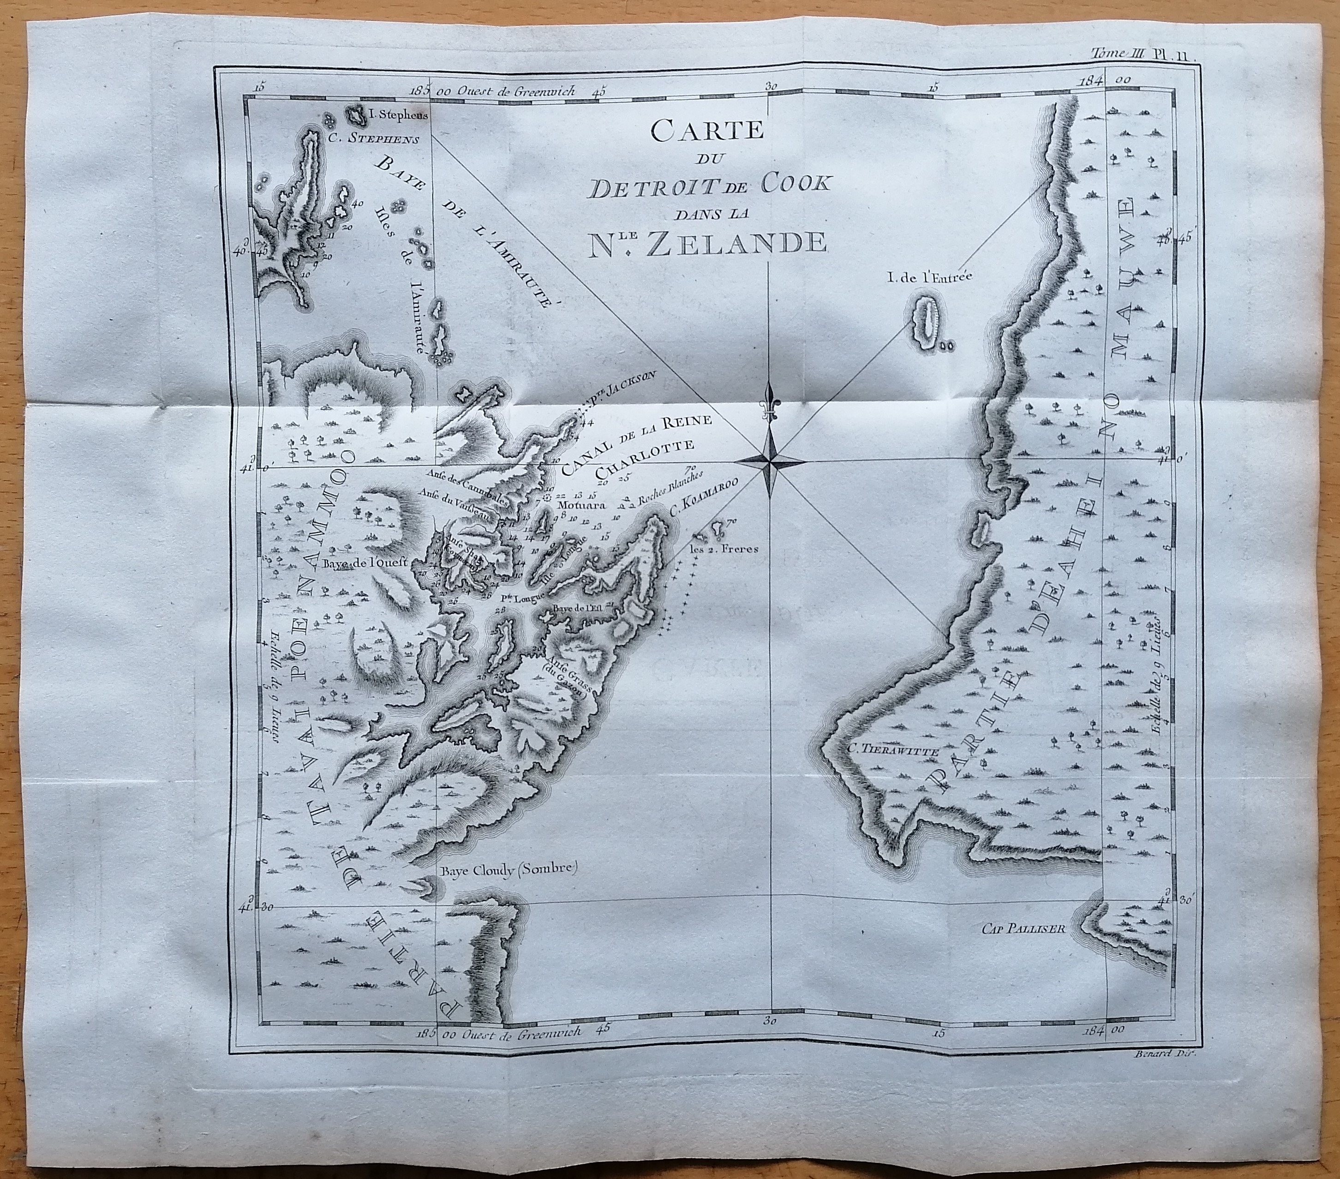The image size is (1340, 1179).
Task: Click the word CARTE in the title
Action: (708, 131)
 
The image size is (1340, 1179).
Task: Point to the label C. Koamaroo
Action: (701, 504)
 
